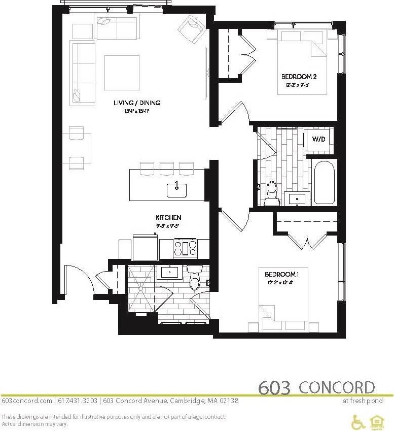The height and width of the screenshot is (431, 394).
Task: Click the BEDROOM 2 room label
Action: point(299,77)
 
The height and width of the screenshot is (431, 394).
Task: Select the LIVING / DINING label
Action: point(137,103)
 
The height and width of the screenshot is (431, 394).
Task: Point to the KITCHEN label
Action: point(168,218)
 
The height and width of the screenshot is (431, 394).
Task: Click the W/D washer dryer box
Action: point(318,139)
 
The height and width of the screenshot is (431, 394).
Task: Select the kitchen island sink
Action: point(177,190)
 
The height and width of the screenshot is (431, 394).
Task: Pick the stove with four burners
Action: point(186,248)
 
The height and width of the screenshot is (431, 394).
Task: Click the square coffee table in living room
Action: point(122,72)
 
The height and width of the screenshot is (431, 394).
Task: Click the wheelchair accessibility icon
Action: point(359,420)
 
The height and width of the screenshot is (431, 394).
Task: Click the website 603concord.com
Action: point(26,401)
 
